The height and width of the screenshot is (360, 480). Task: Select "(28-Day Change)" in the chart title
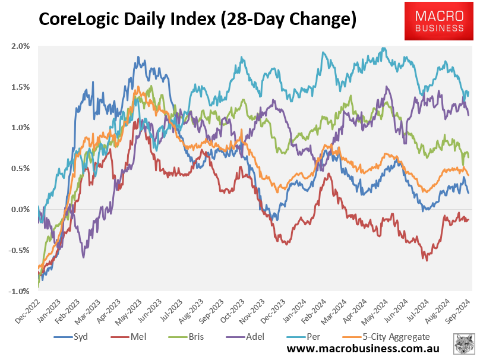[289, 20]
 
